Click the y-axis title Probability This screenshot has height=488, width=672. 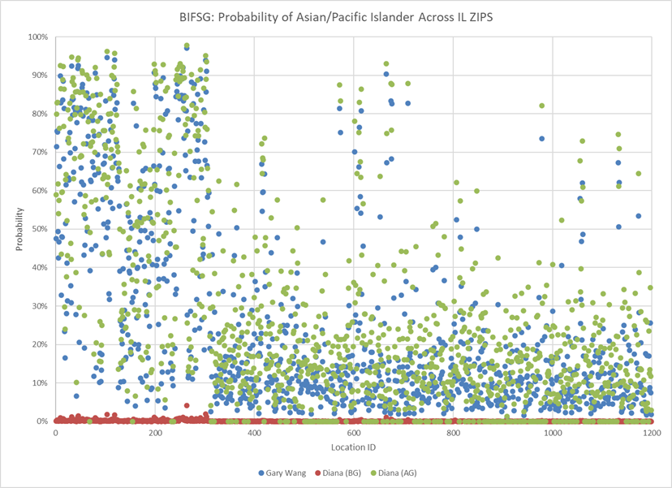18,229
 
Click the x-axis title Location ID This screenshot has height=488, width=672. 352,447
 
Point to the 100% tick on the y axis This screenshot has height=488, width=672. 37,37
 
